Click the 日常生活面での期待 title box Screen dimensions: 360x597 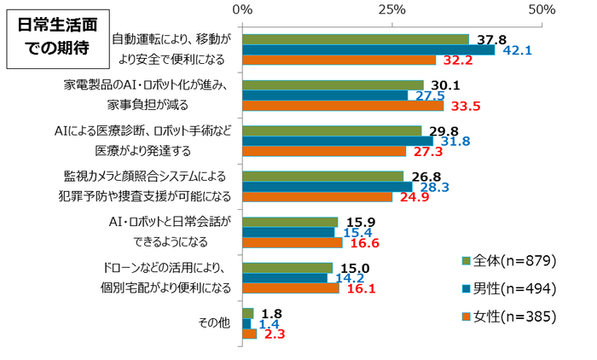coord(55,36)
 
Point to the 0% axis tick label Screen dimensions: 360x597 coord(242,10)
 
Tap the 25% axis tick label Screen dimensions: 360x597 coord(391,10)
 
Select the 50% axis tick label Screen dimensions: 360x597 coord(542,10)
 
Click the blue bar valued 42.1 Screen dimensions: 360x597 coord(368,49)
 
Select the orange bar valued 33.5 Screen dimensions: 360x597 coord(343,106)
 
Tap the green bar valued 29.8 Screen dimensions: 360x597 coord(332,130)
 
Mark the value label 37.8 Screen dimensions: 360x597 coord(492,39)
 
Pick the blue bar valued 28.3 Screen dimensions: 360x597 coord(327,186)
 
